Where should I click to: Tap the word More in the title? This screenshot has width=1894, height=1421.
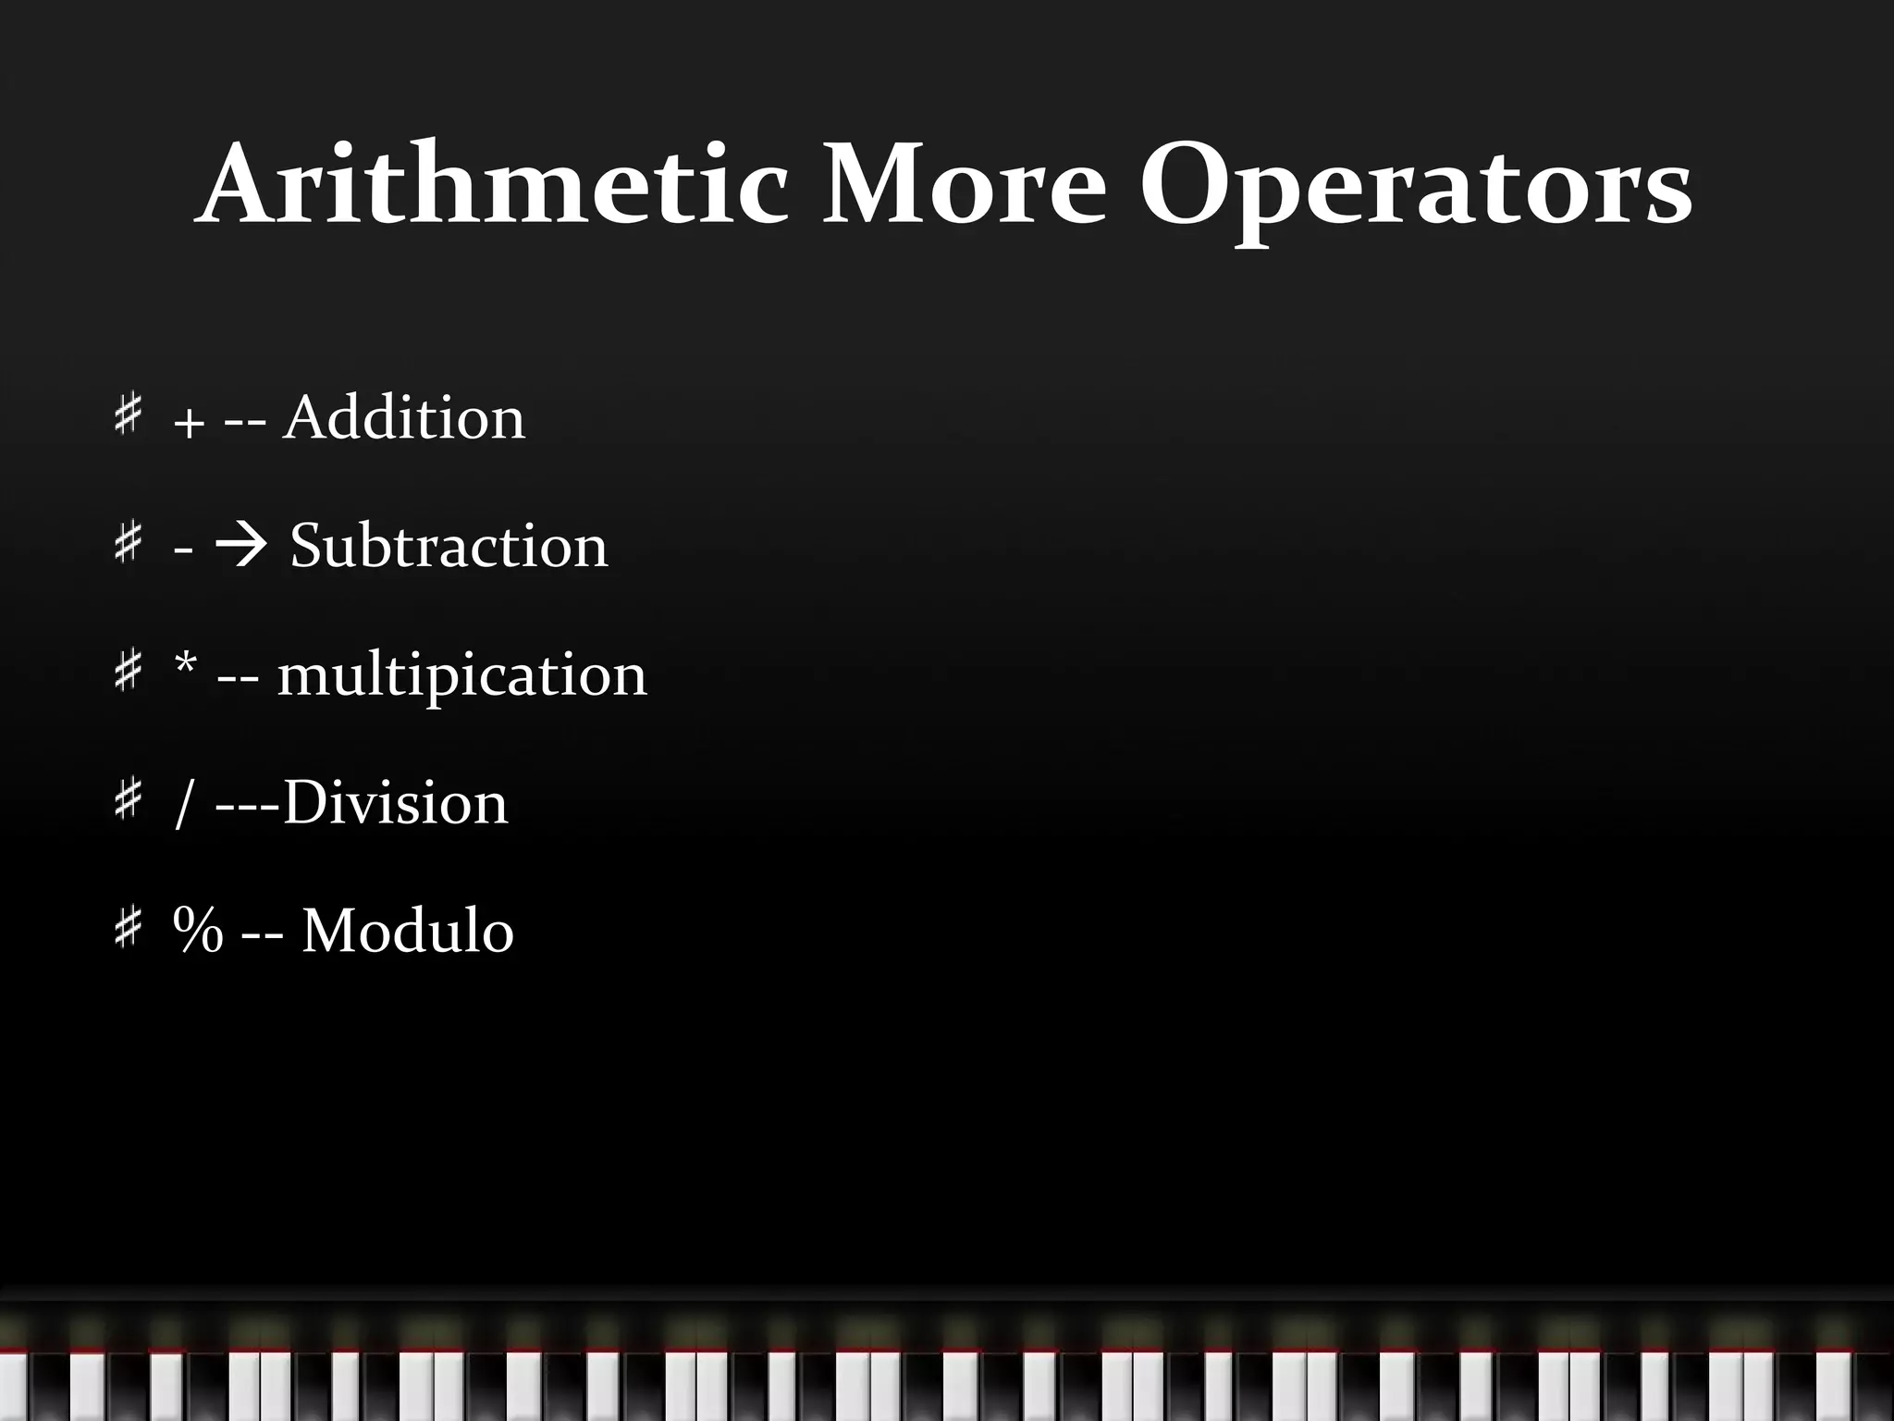click(963, 185)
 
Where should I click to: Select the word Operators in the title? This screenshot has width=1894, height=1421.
click(1415, 190)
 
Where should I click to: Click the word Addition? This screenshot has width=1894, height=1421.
click(404, 418)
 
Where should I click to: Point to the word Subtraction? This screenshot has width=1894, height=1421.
click(449, 546)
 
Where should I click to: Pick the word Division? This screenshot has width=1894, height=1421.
click(395, 802)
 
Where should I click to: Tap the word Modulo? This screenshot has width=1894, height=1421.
click(407, 930)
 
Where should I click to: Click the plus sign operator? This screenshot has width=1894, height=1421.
click(189, 425)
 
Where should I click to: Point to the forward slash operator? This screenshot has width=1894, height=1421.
click(183, 804)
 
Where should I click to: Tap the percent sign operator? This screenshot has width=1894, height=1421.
click(198, 930)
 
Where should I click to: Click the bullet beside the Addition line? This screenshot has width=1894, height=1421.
click(128, 414)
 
